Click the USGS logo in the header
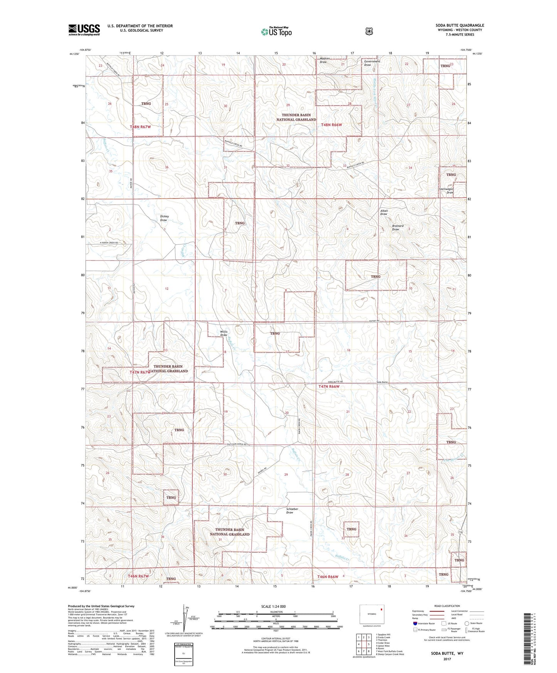tap(84, 30)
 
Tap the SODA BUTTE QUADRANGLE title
tap(460, 25)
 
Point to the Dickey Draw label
tap(164, 218)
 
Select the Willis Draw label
tap(224, 333)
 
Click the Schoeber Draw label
tap(292, 510)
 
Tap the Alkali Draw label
tap(384, 212)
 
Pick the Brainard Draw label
tap(397, 228)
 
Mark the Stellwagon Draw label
tap(447, 191)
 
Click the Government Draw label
tap(372, 63)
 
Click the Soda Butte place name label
tap(382, 382)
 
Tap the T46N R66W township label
tap(328, 577)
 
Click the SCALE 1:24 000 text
tap(273, 606)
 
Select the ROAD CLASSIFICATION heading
tap(447, 606)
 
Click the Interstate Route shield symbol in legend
tap(415, 623)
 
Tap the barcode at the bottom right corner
tap(528, 640)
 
